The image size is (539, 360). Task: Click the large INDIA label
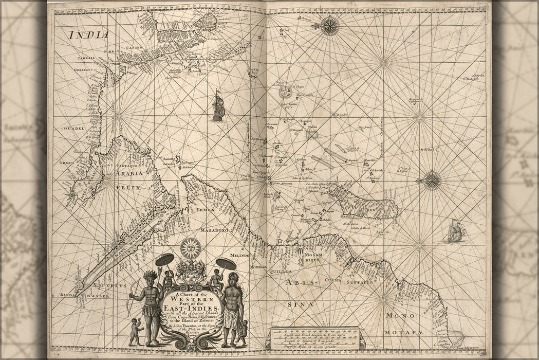tap(89, 35)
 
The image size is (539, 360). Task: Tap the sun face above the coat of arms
tap(190, 248)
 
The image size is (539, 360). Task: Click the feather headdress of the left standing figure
tap(150, 276)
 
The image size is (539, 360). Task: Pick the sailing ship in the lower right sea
tap(456, 231)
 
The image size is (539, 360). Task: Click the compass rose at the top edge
tap(329, 26)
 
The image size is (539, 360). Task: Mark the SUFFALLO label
tap(359, 282)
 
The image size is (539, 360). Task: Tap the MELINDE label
tap(240, 255)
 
